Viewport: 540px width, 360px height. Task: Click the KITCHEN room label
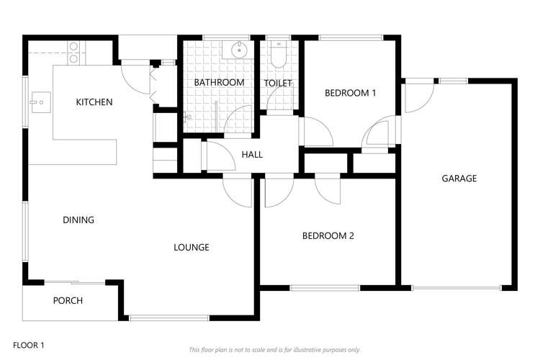point(94,102)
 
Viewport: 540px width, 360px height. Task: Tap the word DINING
point(78,220)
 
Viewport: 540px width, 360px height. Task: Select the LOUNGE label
point(192,248)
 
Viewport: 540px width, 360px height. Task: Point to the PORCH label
point(68,301)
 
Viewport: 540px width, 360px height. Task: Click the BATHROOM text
point(220,83)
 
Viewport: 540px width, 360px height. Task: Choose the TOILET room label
point(278,84)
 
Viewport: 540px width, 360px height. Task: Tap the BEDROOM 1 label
point(351,93)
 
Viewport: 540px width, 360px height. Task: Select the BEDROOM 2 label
point(328,236)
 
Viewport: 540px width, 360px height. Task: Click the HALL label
point(252,155)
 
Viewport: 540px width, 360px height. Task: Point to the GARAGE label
point(459,179)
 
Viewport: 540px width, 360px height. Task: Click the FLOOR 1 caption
point(29,346)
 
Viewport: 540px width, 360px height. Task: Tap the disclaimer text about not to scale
point(274,350)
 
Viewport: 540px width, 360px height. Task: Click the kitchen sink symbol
point(39,102)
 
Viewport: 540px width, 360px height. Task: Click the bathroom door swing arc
point(238,120)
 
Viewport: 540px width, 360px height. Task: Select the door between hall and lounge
point(237,191)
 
